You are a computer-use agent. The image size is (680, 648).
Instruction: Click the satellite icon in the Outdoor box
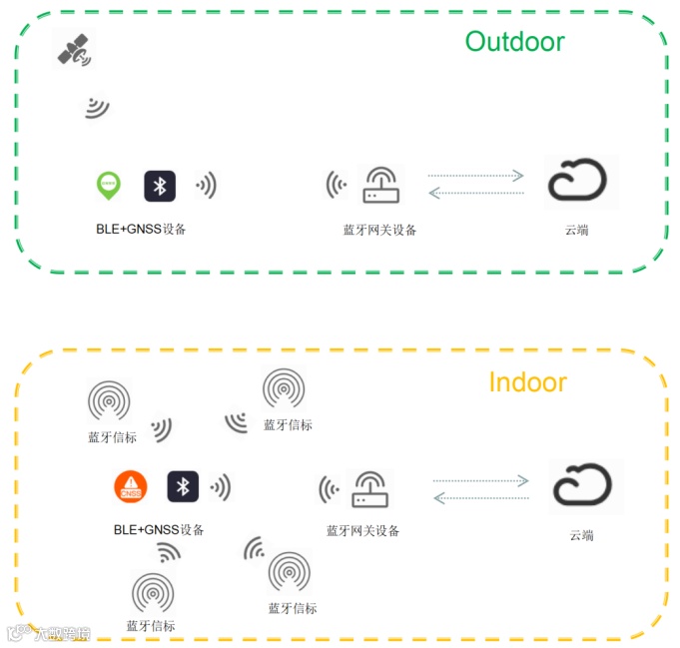click(x=72, y=51)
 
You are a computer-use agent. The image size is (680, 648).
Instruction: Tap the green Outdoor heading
click(x=514, y=42)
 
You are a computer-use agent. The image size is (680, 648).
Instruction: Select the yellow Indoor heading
click(x=527, y=382)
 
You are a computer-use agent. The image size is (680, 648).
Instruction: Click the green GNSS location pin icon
click(x=108, y=185)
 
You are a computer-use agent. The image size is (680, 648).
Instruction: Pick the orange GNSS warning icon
click(x=130, y=486)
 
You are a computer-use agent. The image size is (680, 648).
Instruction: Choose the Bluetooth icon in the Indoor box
click(x=183, y=486)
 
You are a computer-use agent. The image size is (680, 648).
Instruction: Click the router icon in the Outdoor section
click(x=378, y=185)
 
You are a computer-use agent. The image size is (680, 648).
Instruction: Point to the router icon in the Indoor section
click(x=370, y=489)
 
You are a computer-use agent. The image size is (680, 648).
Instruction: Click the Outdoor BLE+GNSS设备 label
click(x=141, y=229)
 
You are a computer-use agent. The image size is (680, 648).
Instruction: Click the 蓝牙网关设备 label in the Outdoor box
click(x=379, y=230)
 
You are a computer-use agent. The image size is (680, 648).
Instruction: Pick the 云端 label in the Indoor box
click(x=581, y=535)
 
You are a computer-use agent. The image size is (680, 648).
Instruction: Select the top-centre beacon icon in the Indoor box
click(x=284, y=387)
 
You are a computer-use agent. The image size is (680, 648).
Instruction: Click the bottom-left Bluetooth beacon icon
click(x=152, y=591)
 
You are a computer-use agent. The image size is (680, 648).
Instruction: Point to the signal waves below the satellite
click(x=96, y=107)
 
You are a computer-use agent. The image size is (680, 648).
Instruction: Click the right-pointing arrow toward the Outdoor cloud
click(x=475, y=176)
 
